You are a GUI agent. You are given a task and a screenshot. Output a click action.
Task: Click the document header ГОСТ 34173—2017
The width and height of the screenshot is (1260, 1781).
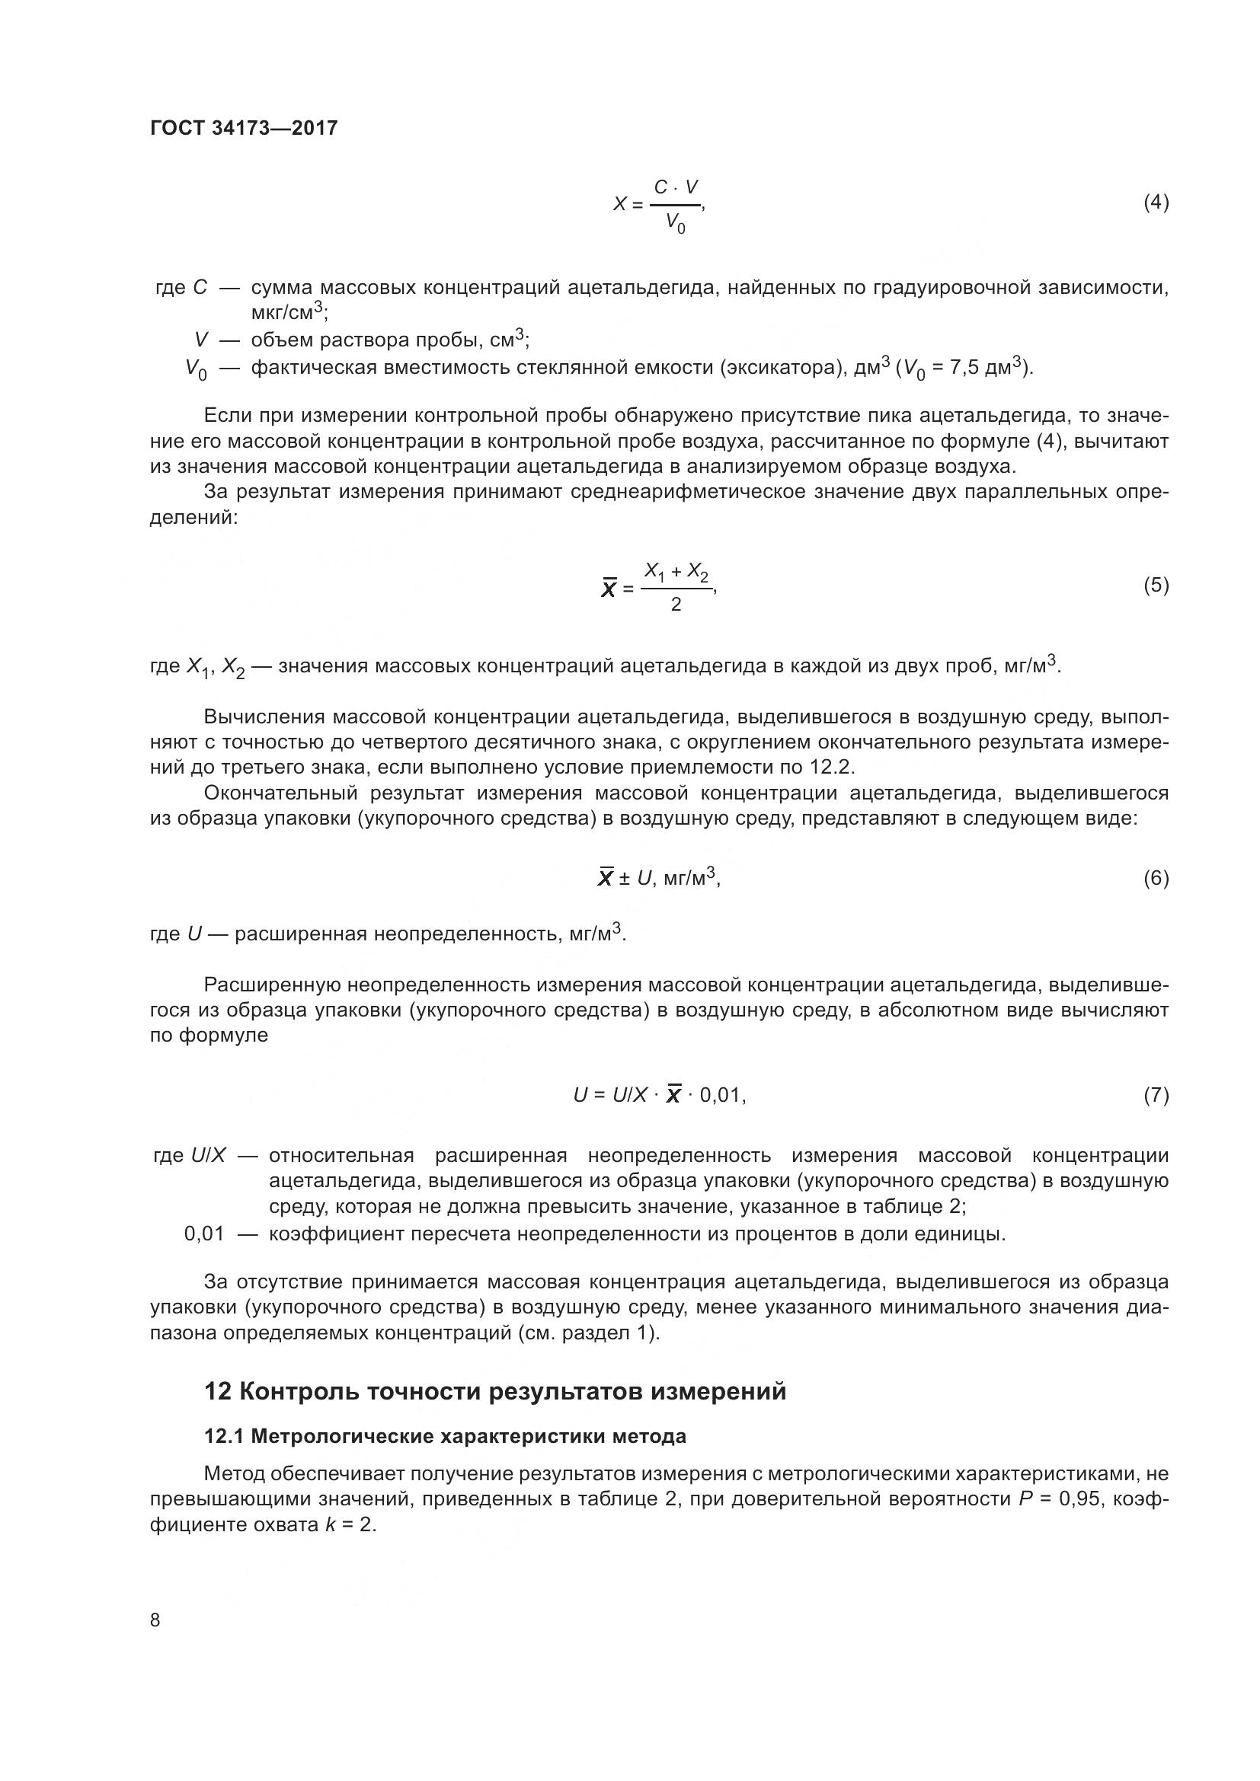pos(244,128)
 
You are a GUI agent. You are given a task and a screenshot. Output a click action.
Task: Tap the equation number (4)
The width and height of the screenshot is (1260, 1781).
pos(1156,203)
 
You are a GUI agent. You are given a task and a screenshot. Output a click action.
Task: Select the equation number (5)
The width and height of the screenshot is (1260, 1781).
pos(1156,585)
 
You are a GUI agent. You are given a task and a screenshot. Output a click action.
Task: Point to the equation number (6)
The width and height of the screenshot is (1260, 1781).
pos(1156,878)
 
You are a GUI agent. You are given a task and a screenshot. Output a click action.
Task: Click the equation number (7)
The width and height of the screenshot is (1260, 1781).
pos(1156,1094)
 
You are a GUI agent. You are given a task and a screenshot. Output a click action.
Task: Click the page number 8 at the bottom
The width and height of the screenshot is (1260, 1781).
pos(155,1620)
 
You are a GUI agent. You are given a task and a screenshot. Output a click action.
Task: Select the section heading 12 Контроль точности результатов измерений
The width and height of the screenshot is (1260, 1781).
pos(495,1391)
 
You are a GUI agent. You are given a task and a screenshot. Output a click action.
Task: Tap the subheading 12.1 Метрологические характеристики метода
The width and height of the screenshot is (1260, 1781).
pos(445,1437)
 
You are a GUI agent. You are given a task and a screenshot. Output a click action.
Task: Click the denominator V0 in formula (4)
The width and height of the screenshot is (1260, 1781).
pos(675,224)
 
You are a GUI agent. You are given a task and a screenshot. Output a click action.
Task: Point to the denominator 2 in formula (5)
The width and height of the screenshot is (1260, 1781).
pos(675,605)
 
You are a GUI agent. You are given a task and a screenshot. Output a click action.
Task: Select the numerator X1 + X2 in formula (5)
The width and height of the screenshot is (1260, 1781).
pos(676,573)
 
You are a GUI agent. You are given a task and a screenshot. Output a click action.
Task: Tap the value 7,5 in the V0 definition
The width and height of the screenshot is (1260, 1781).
pos(965,368)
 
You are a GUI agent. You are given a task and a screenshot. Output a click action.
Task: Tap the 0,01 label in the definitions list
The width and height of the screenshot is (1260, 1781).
pos(204,1234)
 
